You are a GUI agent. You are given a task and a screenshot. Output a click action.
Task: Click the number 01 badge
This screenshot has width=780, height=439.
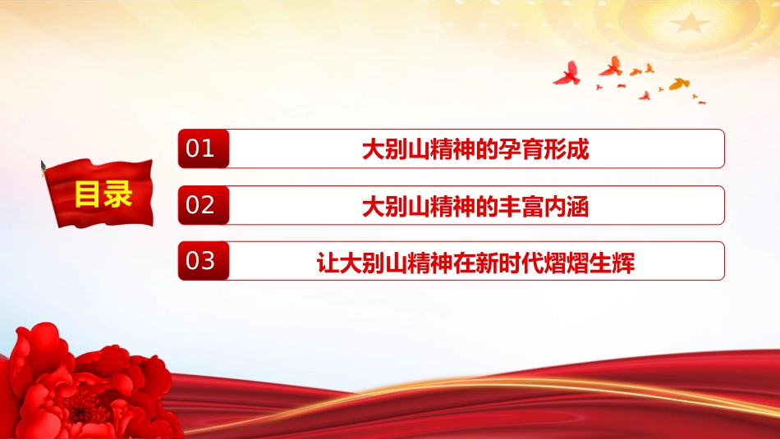(x=204, y=149)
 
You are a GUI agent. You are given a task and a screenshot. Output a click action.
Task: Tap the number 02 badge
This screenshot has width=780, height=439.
(x=204, y=205)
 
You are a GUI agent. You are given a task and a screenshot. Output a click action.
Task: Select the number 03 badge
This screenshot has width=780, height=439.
(x=204, y=260)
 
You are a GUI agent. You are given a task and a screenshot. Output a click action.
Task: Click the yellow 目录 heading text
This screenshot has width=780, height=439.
(x=103, y=194)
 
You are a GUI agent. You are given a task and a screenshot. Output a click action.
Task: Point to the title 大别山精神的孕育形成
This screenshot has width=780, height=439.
(x=475, y=149)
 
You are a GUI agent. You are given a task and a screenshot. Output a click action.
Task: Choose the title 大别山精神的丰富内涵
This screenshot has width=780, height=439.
(x=475, y=206)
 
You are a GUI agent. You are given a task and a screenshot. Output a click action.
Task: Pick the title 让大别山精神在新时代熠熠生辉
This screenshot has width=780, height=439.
(x=475, y=263)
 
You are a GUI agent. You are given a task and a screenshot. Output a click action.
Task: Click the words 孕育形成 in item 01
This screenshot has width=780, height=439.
(x=544, y=149)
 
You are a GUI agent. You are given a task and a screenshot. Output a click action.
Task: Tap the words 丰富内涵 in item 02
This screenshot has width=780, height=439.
(x=544, y=206)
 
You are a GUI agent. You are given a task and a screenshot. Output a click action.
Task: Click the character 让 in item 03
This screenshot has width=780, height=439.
(x=328, y=263)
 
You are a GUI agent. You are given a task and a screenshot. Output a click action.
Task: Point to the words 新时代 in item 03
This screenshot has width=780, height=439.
(x=510, y=263)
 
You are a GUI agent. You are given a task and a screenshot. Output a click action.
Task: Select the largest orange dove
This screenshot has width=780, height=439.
(x=679, y=84)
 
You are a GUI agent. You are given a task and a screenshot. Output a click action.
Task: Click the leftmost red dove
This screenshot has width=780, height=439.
(x=567, y=74)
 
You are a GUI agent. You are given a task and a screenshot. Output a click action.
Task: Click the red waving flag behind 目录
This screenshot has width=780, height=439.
(x=99, y=193)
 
